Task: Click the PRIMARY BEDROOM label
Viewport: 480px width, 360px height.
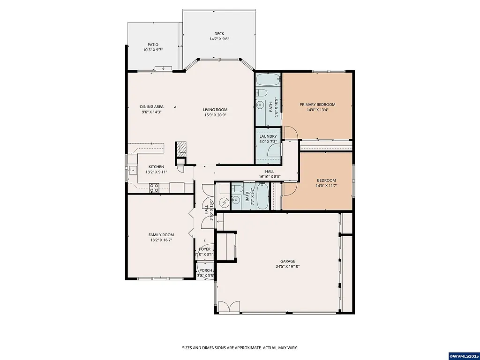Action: (x=317, y=105)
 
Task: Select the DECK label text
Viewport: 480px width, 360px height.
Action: (x=219, y=34)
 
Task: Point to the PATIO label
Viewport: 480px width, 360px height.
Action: (x=153, y=45)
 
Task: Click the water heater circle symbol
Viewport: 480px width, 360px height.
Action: (x=225, y=202)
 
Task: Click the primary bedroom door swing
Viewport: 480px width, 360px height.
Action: (x=291, y=133)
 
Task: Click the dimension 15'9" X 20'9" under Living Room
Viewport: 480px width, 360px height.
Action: (x=216, y=115)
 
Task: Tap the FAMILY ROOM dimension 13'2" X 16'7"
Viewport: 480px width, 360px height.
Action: (x=161, y=240)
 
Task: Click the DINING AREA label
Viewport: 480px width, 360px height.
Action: (x=151, y=106)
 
